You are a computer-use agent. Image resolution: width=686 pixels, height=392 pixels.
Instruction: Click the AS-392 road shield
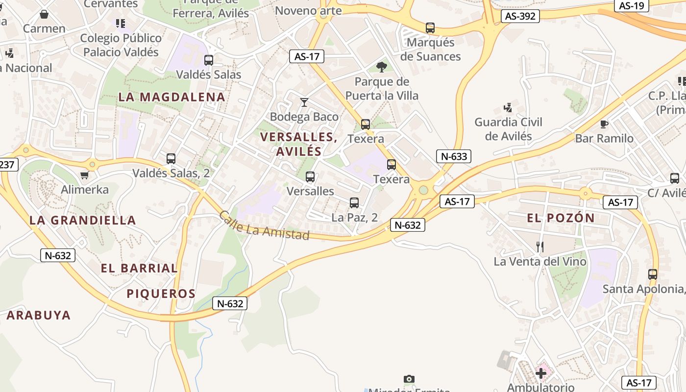[x=520, y=16]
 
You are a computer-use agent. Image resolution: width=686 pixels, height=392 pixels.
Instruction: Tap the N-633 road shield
[x=454, y=156]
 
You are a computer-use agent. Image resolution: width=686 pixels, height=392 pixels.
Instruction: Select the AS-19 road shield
[x=631, y=6]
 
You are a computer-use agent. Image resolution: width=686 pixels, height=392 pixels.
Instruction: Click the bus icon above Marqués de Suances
[x=430, y=28]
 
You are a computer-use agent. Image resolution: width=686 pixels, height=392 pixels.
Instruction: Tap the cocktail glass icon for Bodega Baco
[x=304, y=102]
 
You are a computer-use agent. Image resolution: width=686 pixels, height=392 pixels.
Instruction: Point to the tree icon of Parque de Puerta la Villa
[x=381, y=67]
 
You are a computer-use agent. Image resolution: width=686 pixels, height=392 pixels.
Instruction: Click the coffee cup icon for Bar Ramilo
[x=604, y=124]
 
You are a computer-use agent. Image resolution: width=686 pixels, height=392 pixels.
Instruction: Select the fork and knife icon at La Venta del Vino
[x=539, y=247]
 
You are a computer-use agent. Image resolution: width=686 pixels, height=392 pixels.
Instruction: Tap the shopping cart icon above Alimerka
[x=84, y=175]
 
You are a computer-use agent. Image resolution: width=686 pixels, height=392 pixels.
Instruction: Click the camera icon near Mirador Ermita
[x=409, y=379]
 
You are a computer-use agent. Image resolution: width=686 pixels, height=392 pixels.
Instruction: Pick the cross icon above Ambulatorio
[x=540, y=374]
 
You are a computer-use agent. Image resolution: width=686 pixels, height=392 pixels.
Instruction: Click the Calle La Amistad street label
[x=264, y=225]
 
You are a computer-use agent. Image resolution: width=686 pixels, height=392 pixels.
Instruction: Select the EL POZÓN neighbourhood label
[x=561, y=218]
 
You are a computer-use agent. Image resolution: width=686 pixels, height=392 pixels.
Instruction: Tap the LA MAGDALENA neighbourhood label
[x=171, y=97]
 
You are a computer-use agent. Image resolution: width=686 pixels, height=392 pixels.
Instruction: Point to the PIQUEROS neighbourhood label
[x=161, y=294]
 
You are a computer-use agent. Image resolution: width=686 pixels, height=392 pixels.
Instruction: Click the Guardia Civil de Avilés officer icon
[x=508, y=107]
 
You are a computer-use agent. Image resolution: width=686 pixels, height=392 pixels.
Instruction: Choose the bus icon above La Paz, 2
[x=354, y=202]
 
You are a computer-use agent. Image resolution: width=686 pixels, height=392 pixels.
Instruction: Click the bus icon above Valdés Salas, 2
[x=171, y=159]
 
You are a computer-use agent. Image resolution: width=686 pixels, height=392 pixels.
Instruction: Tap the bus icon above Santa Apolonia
[x=652, y=274]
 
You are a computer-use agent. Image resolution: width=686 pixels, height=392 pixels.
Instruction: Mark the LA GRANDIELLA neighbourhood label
[x=82, y=220]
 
